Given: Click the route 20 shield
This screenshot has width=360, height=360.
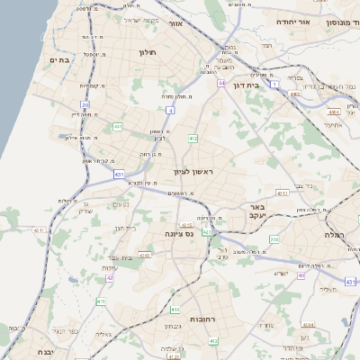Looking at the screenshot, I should tap(85, 105).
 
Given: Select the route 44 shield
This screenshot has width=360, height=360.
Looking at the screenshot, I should tap(220, 82).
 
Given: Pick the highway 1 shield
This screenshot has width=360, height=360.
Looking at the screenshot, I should tap(274, 83).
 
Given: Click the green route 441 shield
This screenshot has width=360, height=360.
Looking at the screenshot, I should tap(118, 127).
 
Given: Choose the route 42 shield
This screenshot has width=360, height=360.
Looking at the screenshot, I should tap(110, 278).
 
